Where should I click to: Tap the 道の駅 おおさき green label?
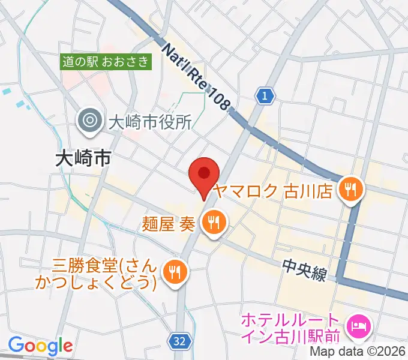[107, 61]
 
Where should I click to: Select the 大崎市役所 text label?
[149, 122]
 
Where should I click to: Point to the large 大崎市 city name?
[83, 158]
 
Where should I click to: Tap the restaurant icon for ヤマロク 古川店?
[350, 190]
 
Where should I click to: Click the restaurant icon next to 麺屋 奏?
[212, 223]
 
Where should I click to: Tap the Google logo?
[40, 346]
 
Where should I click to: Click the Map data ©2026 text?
[358, 352]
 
